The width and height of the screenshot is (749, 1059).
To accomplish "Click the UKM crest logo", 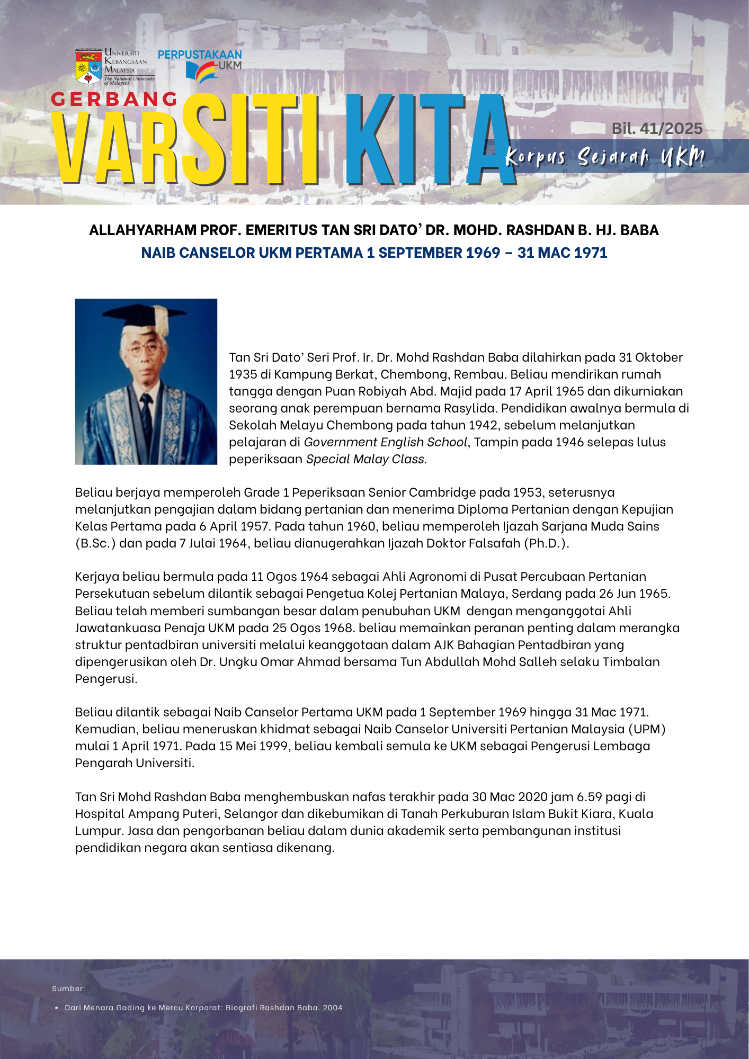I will coord(88,67).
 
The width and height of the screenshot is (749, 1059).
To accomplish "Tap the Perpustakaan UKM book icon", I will coord(201,72).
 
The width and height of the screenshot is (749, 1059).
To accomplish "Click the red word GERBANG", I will coord(114,99).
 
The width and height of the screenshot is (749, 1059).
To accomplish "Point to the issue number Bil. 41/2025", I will coord(657,129).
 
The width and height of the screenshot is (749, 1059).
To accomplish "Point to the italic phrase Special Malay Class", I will coord(366,459).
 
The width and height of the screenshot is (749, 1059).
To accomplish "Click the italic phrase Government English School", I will coord(385,442).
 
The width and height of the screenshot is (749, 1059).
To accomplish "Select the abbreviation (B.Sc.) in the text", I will coord(95,543).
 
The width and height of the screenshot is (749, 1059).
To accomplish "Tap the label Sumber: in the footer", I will coord(68,989).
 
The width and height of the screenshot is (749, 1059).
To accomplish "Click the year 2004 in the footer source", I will coord(333,1008).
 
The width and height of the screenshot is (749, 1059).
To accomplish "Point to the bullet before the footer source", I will coord(57,1008).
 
